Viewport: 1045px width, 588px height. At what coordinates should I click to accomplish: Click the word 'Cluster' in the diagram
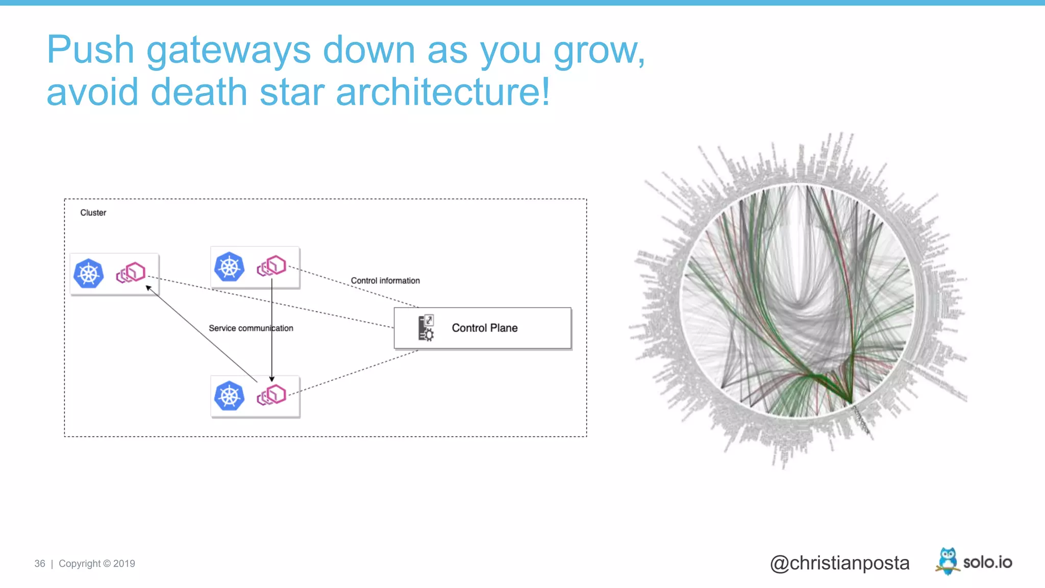coord(93,213)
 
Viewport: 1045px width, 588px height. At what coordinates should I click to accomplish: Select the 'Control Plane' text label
coord(484,328)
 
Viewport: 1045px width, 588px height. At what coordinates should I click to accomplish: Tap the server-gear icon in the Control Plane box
coord(426,328)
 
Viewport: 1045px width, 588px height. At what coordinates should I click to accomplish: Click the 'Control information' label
coord(385,281)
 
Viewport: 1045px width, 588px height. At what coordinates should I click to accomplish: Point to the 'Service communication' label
coord(251,328)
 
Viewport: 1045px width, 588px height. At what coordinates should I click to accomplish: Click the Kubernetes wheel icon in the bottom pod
coord(229,396)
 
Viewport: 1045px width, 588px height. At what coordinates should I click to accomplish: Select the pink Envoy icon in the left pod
coord(131,273)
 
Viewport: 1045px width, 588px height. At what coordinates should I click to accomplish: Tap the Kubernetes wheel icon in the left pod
coord(88,274)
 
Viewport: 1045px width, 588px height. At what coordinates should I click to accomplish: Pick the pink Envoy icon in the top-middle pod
coord(271,266)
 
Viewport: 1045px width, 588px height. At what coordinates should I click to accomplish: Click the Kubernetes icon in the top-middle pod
coord(229,266)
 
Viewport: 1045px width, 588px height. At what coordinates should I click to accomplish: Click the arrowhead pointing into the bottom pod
coord(272,379)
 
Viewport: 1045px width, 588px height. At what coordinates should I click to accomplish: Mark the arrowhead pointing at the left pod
coord(148,288)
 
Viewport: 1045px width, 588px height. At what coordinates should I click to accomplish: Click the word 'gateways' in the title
coord(228,50)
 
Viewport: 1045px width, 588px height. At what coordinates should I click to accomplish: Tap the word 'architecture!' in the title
coord(443,92)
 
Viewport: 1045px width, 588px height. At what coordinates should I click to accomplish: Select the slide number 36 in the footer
coord(40,563)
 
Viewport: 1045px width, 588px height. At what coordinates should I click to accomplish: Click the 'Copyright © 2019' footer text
coord(97,563)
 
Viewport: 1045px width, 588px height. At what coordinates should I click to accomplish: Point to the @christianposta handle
coord(839,563)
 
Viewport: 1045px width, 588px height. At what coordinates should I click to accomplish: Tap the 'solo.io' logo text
coord(987,562)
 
